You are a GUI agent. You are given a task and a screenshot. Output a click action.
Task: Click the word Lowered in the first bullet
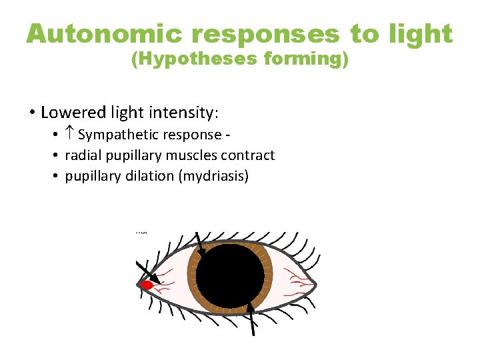71,111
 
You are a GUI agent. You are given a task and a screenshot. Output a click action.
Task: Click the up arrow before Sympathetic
71,135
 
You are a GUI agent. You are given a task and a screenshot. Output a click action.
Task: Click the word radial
83,155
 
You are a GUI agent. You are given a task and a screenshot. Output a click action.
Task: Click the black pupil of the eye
230,275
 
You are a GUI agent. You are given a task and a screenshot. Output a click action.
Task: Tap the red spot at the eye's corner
147,285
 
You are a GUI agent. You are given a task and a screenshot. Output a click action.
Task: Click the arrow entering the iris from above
200,245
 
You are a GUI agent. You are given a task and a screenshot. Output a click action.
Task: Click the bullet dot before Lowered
31,111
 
